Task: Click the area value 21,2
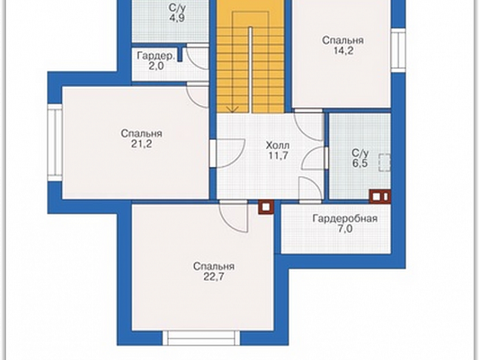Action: pos(141,144)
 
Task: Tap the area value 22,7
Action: pos(214,277)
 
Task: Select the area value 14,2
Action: pos(343,51)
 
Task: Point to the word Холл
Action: pos(277,145)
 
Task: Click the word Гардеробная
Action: pos(345,219)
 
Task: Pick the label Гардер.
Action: pos(156,56)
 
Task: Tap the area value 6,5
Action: pos(360,163)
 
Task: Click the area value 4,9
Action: pos(177,17)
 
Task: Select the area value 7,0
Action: pos(345,228)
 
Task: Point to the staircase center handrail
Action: pos(250,70)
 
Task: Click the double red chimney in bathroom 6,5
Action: pos(380,197)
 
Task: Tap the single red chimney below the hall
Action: pos(266,207)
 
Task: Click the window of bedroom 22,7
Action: pos(201,338)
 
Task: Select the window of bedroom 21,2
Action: pos(55,142)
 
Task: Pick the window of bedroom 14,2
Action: pos(398,51)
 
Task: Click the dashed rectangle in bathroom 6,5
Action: pos(385,163)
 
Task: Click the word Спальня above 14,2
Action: pos(343,40)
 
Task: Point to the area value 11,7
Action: pos(278,155)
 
